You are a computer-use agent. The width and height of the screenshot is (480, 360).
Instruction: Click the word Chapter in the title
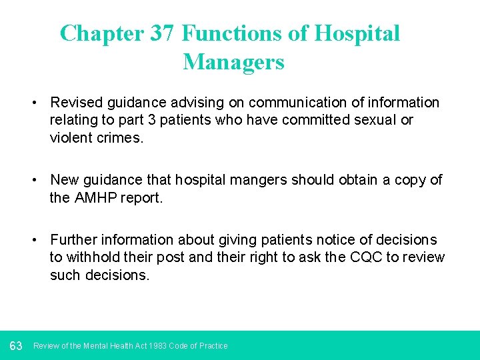101,33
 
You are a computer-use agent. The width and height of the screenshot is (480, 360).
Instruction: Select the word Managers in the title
233,62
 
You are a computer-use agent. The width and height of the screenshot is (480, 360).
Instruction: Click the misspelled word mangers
249,180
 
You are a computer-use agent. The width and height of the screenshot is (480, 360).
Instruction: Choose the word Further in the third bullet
75,240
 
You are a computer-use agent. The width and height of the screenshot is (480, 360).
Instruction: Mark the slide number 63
16,345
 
